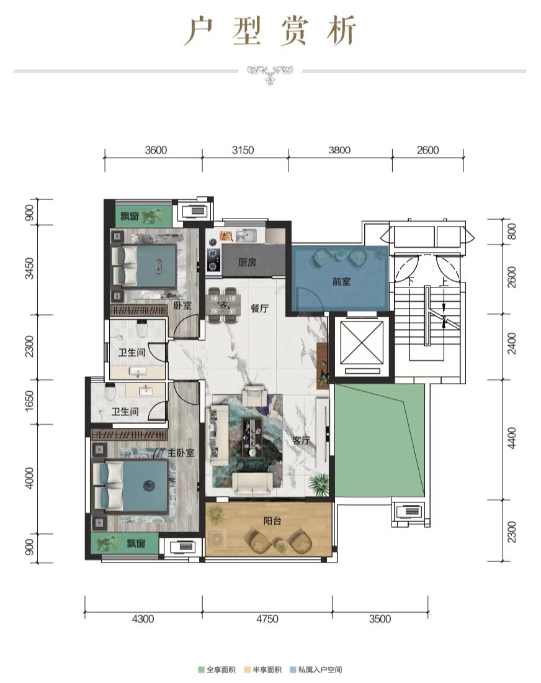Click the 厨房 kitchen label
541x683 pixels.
(247, 262)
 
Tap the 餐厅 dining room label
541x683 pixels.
(259, 309)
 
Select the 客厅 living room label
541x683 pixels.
(301, 440)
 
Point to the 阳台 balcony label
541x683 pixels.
(272, 520)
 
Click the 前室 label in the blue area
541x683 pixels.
(341, 281)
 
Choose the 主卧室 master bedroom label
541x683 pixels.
(181, 453)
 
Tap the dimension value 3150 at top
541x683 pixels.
(243, 150)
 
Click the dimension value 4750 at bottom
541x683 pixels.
(267, 618)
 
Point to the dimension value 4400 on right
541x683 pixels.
(512, 438)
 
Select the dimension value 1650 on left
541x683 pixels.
(29, 400)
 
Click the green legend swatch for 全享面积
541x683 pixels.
(201, 669)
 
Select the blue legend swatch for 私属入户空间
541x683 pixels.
(293, 669)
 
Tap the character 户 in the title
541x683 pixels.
(199, 32)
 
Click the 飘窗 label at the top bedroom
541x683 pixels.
(129, 215)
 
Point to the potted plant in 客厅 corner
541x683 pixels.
(319, 484)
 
